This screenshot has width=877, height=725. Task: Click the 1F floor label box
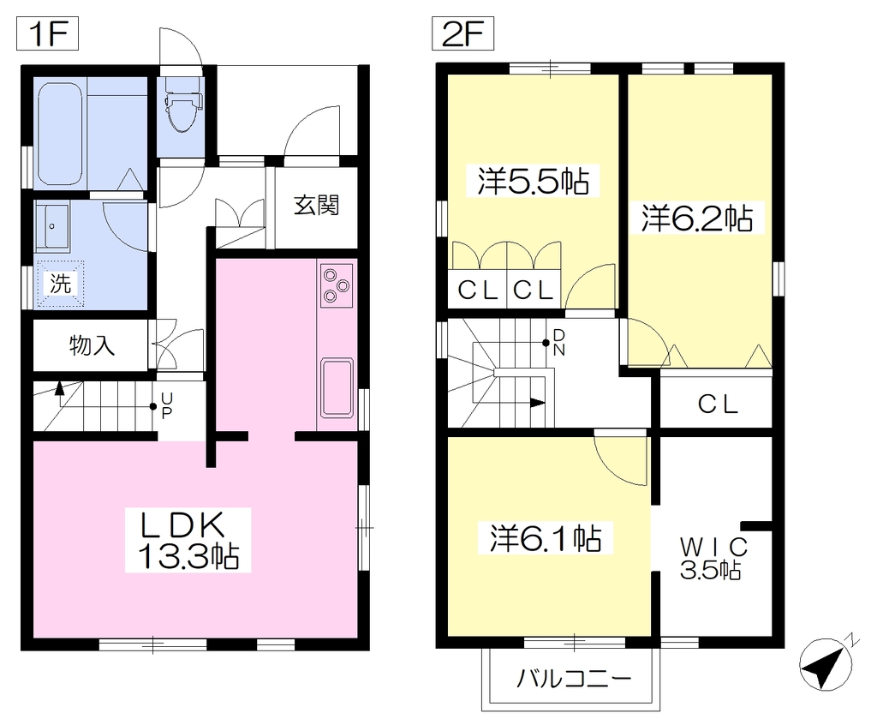pos(48,34)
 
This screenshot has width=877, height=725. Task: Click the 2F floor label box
pos(462,34)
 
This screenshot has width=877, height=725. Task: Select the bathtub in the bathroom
pos(60,133)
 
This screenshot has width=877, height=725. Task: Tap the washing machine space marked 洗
pos(60,285)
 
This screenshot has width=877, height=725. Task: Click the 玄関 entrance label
pos(317,206)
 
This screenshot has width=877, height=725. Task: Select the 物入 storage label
pos(92,345)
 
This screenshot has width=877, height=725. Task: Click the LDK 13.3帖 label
pos(188,540)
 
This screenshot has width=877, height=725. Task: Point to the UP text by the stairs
pos(167,406)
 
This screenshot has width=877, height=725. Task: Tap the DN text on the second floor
pos(558,343)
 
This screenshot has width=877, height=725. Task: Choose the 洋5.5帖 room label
pos(533,180)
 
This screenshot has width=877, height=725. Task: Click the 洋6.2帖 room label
pos(697,219)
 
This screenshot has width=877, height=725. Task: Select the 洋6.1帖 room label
pos(546,538)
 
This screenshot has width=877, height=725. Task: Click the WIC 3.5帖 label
pos(712,558)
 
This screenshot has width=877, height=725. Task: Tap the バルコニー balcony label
pos(573,679)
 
